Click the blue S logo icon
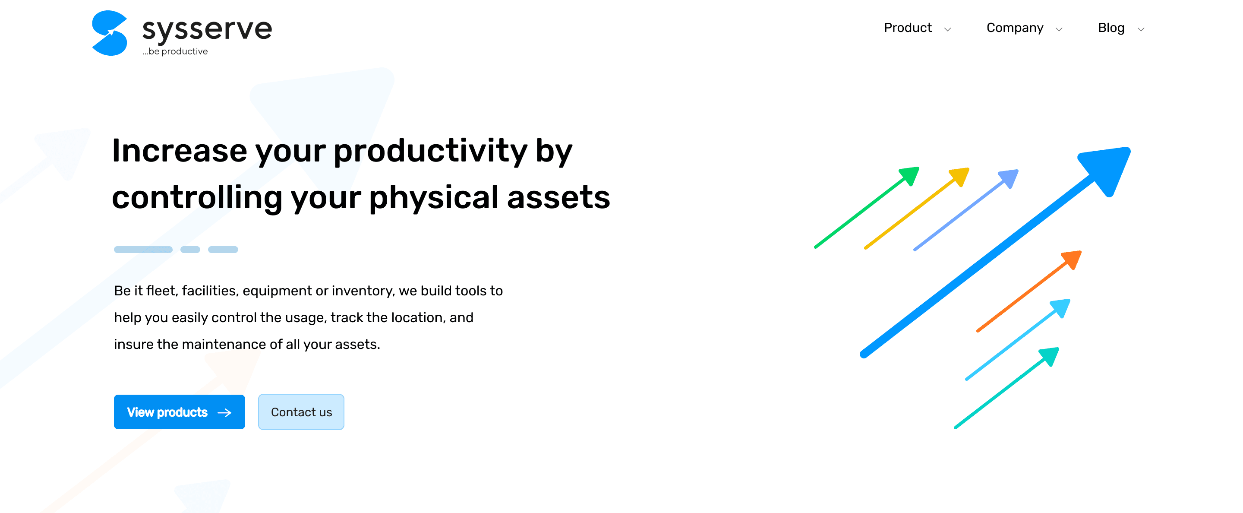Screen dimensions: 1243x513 tap(110, 33)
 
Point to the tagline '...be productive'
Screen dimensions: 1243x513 tap(175, 51)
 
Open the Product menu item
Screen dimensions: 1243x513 tap(908, 28)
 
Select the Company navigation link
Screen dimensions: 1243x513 tap(1015, 28)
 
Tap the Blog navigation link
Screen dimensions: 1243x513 tap(1111, 28)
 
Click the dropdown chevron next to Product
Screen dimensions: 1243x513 tap(947, 29)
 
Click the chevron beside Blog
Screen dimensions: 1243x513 tap(1141, 29)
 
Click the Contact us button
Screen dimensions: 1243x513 tap(301, 412)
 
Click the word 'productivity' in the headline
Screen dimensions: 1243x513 tap(430, 151)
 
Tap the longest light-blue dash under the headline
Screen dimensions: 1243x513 tap(143, 250)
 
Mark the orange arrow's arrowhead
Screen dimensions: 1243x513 tap(1072, 260)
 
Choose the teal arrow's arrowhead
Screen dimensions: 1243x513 tap(1050, 356)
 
